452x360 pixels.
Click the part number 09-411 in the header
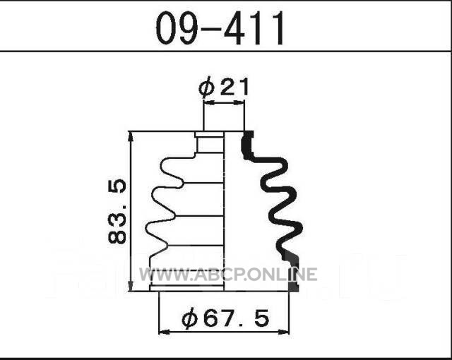tap(220, 28)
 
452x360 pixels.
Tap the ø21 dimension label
tap(223, 88)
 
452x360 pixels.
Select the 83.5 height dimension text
tap(117, 212)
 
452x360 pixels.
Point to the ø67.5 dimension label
tap(225, 318)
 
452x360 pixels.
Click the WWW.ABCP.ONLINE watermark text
tap(228, 274)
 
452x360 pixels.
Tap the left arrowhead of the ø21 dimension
tap(208, 102)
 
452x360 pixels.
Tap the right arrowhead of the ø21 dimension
tap(240, 102)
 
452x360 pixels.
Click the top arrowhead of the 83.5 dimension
tap(131, 136)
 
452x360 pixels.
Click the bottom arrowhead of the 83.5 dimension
tap(131, 286)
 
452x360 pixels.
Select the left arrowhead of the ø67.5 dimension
tap(164, 332)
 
